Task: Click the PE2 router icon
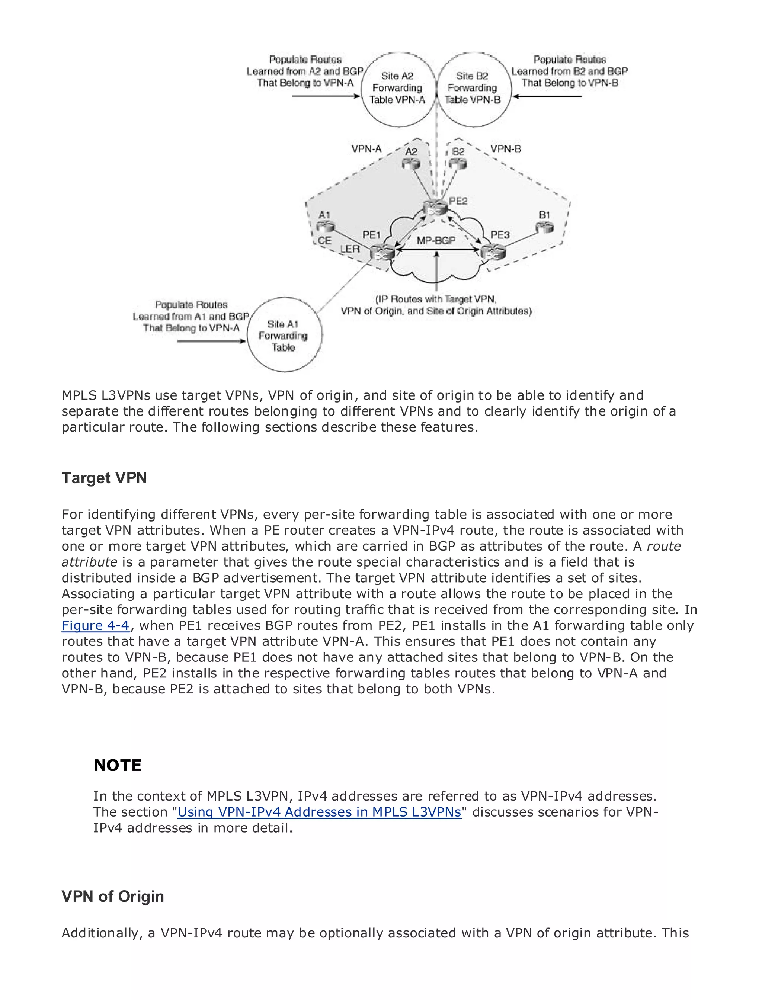[435, 207]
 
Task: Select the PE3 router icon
[493, 251]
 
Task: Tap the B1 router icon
[544, 227]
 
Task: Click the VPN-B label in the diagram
[506, 149]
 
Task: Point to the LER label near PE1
[350, 249]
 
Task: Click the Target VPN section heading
[104, 478]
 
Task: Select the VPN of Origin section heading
[112, 896]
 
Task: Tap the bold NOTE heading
[118, 765]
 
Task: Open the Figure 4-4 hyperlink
[96, 625]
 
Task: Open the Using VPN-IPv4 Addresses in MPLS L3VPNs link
[319, 812]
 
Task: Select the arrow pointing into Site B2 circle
[547, 97]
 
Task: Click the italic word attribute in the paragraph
[89, 562]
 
